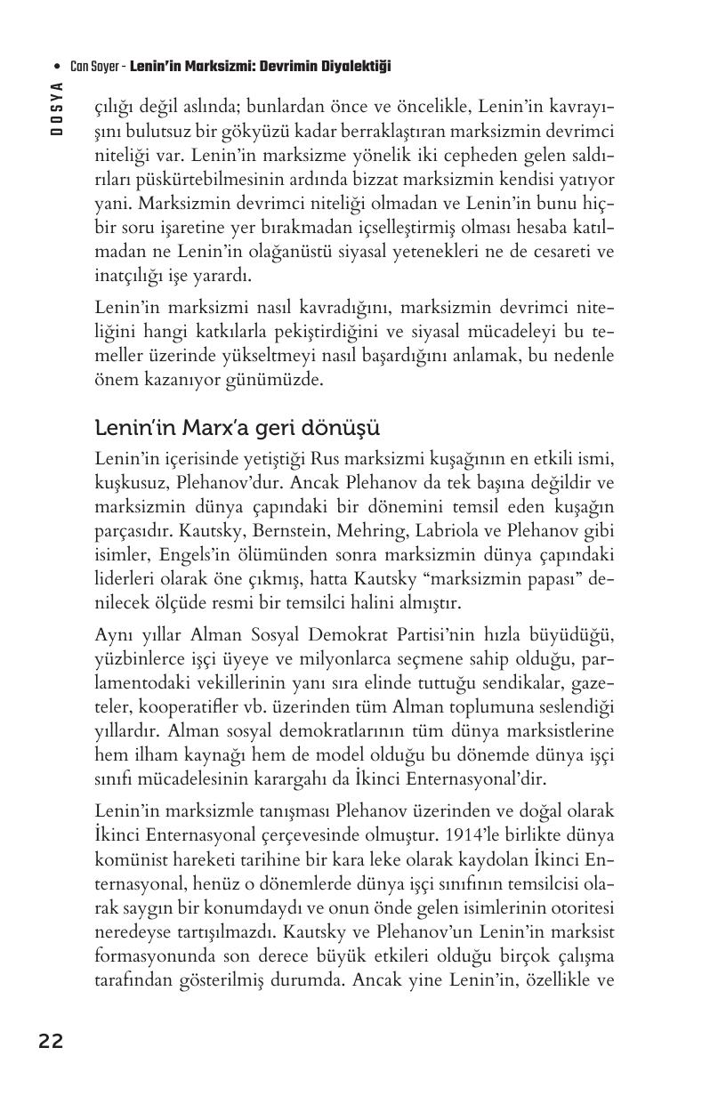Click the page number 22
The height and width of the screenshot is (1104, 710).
pyautogui.click(x=51, y=1042)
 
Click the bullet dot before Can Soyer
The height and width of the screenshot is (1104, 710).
pyautogui.click(x=57, y=68)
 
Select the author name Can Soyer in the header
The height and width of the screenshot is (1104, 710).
pyautogui.click(x=95, y=67)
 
